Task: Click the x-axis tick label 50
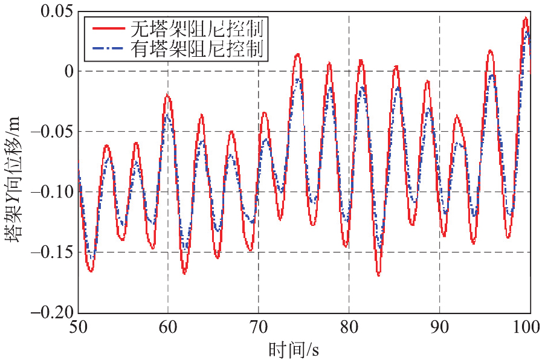(x=78, y=327)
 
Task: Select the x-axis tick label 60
(x=168, y=327)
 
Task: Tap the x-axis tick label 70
(x=259, y=327)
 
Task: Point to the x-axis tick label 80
(x=349, y=327)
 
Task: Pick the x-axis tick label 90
(x=439, y=327)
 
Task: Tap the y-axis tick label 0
(x=68, y=71)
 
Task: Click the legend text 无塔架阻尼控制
(x=199, y=28)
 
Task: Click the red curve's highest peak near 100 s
(x=526, y=18)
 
